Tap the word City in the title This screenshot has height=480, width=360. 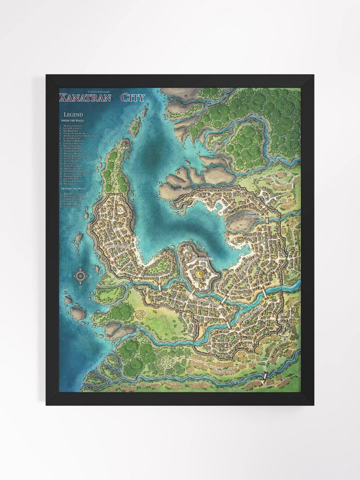(132, 97)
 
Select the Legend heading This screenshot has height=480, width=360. (73, 114)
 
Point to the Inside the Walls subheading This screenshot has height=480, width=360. (73, 120)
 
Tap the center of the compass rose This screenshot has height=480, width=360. (81, 275)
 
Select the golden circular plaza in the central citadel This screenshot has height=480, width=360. (200, 273)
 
